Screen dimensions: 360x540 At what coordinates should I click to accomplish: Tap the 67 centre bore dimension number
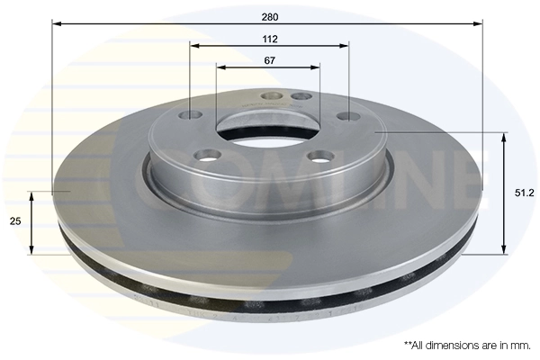(269, 59)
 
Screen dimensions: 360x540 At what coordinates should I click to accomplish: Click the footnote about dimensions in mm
(466, 345)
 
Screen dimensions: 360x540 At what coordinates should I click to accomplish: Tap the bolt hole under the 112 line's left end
(192, 114)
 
